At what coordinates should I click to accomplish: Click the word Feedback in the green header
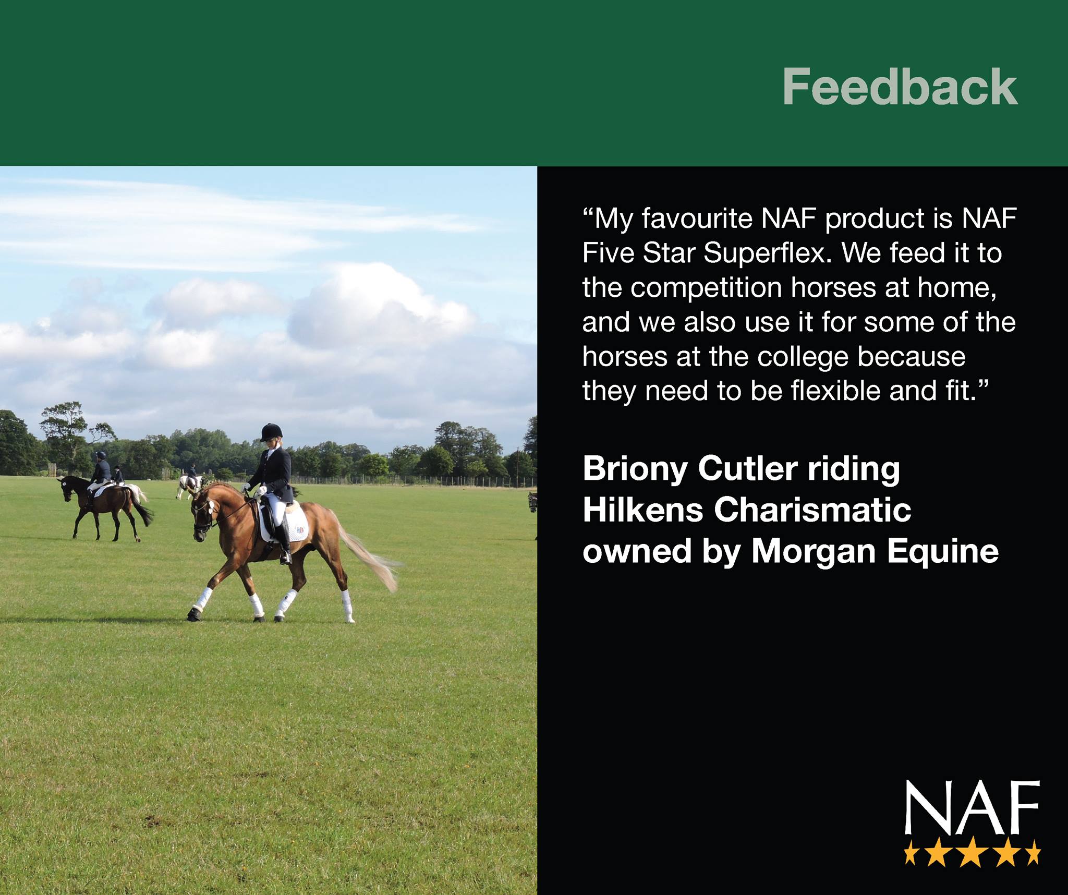coord(900,87)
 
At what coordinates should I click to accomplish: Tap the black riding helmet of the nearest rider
coord(271,432)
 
